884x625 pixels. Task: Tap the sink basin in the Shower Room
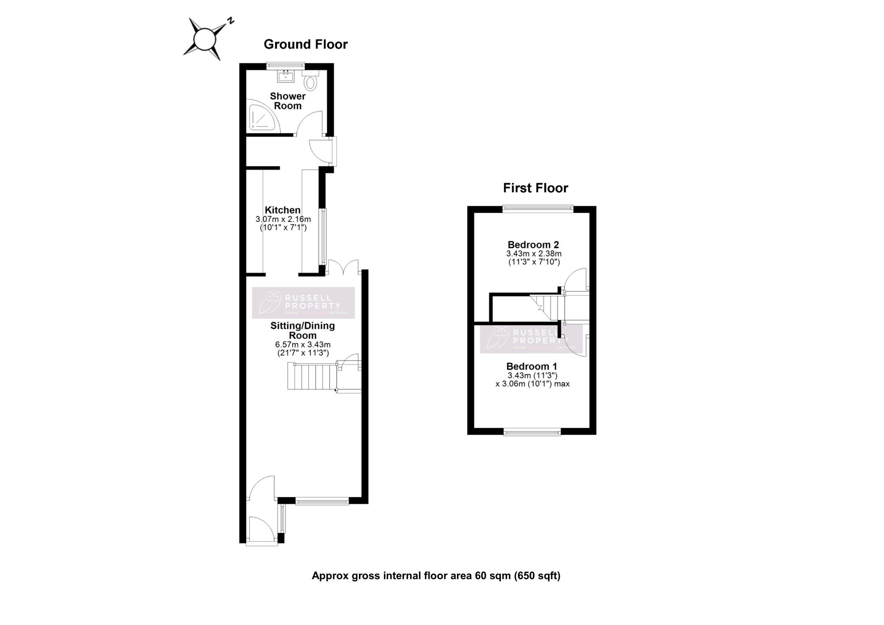[x=286, y=76]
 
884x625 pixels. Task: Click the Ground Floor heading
[x=305, y=44]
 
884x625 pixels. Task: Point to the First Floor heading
[x=535, y=188]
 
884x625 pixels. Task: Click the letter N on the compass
[x=230, y=21]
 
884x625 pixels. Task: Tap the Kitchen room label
[x=282, y=210]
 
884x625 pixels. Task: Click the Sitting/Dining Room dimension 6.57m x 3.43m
[x=302, y=345]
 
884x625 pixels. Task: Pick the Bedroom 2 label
[x=533, y=244]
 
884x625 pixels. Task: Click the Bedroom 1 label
[x=531, y=366]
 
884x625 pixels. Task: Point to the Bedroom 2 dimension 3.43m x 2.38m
[x=534, y=254]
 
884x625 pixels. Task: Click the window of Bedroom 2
[x=538, y=209]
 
